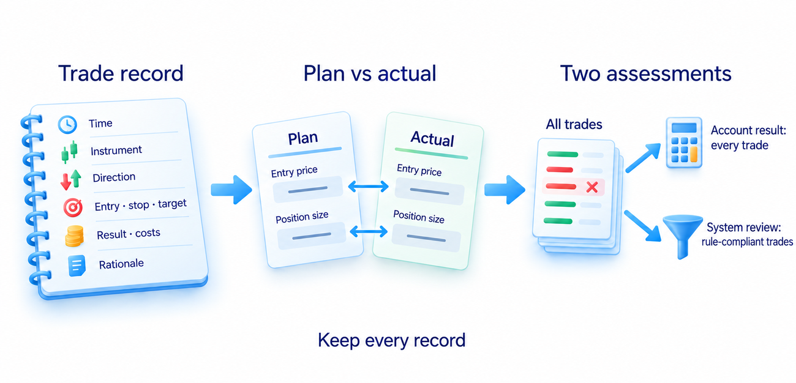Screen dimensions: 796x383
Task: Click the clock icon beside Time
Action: tap(67, 125)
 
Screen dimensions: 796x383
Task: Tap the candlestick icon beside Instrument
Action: tap(69, 152)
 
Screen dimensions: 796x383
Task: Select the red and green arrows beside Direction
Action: tap(70, 179)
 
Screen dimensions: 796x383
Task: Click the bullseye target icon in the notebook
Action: tap(73, 207)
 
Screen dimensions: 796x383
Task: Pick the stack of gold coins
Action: tap(74, 236)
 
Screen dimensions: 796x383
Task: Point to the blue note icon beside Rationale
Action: tap(77, 266)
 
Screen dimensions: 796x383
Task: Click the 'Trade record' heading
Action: tap(121, 73)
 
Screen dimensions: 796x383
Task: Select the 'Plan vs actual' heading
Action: tap(370, 73)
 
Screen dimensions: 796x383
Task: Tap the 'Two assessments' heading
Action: tap(646, 73)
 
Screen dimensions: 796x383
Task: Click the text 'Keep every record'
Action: tap(392, 340)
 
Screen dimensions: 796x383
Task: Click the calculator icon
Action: tap(684, 143)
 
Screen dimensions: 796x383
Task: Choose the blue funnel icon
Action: tap(683, 236)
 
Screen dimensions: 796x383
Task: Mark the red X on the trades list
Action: tap(592, 187)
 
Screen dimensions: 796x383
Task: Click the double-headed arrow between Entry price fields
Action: tap(368, 187)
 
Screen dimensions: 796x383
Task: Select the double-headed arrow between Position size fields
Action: tap(369, 232)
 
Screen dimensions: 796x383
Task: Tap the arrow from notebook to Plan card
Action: tap(231, 190)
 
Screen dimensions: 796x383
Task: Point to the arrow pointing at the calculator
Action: tap(643, 158)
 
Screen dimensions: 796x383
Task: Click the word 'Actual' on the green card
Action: tap(432, 139)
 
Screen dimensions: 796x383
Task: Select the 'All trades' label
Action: tap(574, 124)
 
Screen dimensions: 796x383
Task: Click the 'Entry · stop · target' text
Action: tap(140, 205)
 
